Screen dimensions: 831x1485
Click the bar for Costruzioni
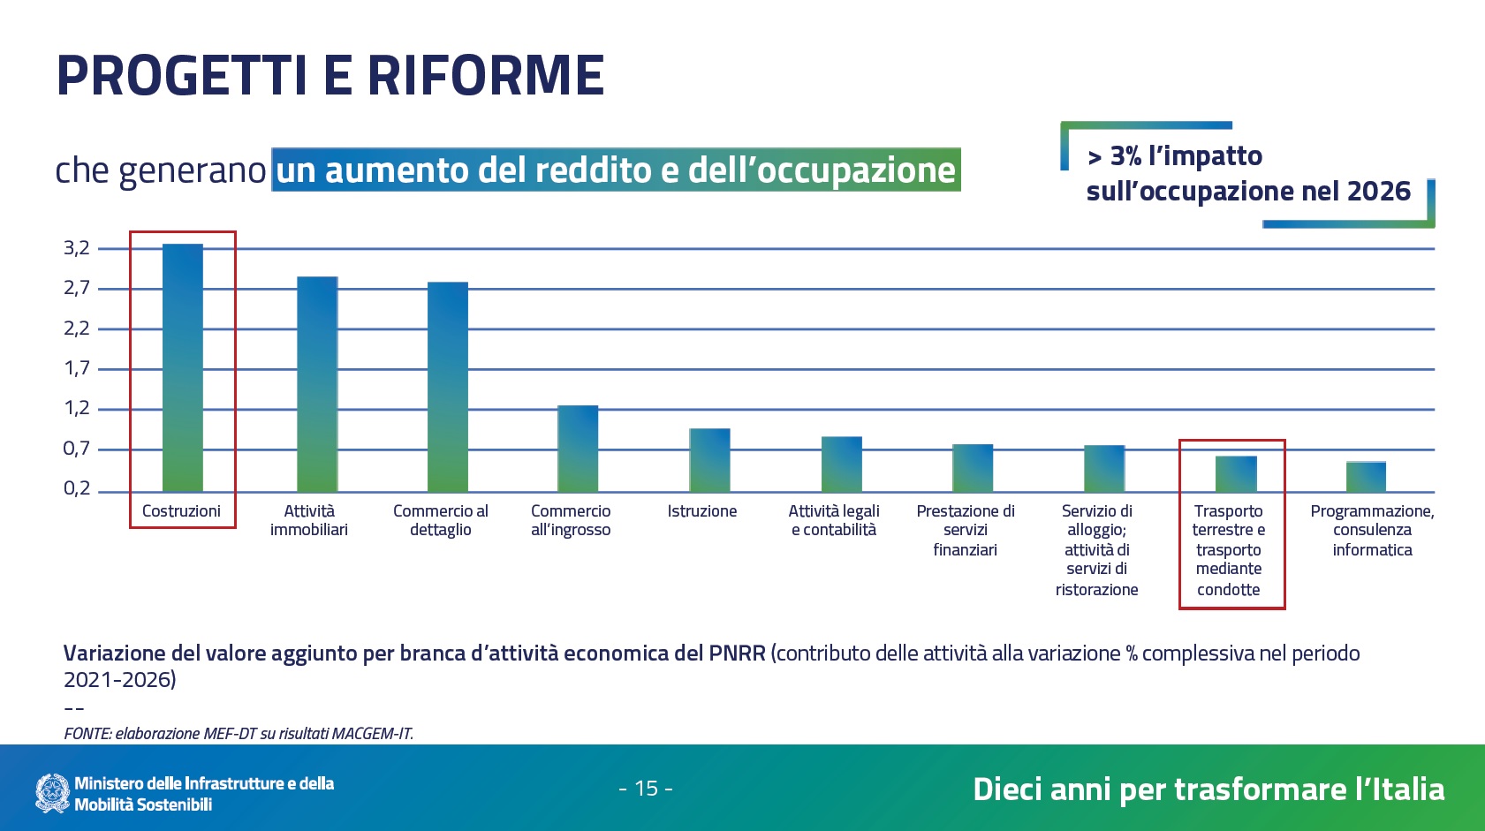(182, 367)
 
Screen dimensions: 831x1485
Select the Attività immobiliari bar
(317, 384)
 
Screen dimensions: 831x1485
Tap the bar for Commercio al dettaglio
(448, 387)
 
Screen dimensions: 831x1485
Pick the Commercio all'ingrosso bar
(578, 449)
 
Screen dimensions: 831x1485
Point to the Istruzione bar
(709, 460)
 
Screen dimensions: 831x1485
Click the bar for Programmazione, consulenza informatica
(1366, 477)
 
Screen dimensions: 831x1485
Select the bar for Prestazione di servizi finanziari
(973, 468)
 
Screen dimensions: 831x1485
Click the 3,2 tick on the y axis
(77, 248)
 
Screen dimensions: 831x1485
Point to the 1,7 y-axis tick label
(77, 368)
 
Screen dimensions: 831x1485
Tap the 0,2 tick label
(77, 488)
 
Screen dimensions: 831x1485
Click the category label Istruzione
(702, 511)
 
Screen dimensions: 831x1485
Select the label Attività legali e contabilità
(834, 520)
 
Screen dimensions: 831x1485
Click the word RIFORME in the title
(485, 75)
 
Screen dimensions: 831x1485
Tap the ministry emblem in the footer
(52, 793)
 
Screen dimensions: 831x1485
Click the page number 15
(647, 789)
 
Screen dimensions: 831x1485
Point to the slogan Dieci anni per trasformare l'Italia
(1208, 789)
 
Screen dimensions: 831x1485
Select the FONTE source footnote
(239, 733)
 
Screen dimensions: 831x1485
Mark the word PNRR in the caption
(737, 653)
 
